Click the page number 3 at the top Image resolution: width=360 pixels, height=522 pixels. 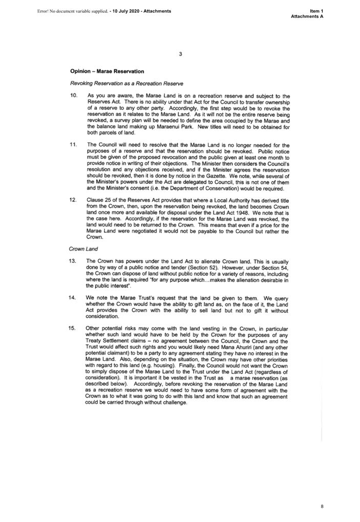click(x=180, y=54)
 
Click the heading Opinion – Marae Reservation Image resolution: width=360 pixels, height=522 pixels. click(x=107, y=71)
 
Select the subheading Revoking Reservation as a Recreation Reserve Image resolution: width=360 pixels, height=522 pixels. click(x=126, y=83)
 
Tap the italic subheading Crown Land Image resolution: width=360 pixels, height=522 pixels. click(x=83, y=249)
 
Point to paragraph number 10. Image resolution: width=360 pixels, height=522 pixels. click(x=74, y=96)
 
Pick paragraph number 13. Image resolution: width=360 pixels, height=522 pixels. click(x=72, y=261)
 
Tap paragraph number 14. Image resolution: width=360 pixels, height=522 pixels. click(x=72, y=298)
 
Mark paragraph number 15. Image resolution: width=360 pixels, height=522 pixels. click(x=72, y=328)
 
